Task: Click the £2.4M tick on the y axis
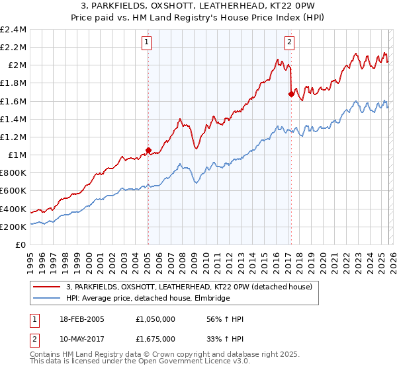click(13, 30)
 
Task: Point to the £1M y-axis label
click(17, 155)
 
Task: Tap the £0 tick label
click(21, 244)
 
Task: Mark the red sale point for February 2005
click(148, 150)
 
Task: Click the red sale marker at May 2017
click(291, 94)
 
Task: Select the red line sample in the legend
click(48, 287)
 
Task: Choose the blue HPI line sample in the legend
click(48, 298)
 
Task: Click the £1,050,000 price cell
click(156, 320)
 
